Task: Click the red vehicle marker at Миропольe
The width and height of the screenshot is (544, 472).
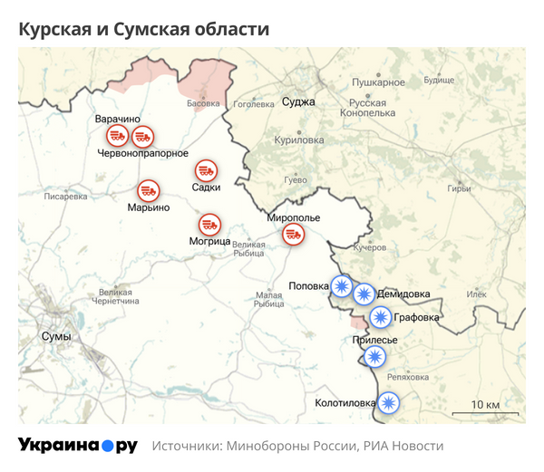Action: point(293,235)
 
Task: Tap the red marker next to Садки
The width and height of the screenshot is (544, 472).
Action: point(206,170)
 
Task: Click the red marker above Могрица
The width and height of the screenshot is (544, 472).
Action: point(209,224)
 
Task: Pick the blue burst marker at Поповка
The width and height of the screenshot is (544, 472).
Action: point(341,286)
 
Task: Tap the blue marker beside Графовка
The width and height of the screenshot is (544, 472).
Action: point(381,317)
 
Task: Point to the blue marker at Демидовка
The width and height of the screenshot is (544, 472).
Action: point(364,294)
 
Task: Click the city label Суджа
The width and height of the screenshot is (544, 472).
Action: point(298,101)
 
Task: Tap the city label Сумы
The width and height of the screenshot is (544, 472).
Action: point(56,336)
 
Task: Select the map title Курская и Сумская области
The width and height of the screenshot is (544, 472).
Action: point(144,29)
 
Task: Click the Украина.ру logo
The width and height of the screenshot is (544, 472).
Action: point(78,446)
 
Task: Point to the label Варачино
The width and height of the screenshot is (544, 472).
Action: point(118,119)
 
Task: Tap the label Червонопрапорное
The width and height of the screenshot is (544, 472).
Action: point(142,153)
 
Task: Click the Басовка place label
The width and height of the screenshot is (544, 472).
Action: point(203,104)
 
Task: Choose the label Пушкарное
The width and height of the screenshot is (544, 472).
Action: point(378,82)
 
